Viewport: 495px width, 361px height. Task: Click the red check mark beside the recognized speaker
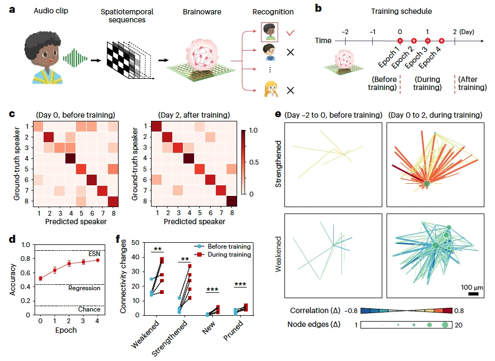point(290,32)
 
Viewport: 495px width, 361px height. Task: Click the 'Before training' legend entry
point(225,246)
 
